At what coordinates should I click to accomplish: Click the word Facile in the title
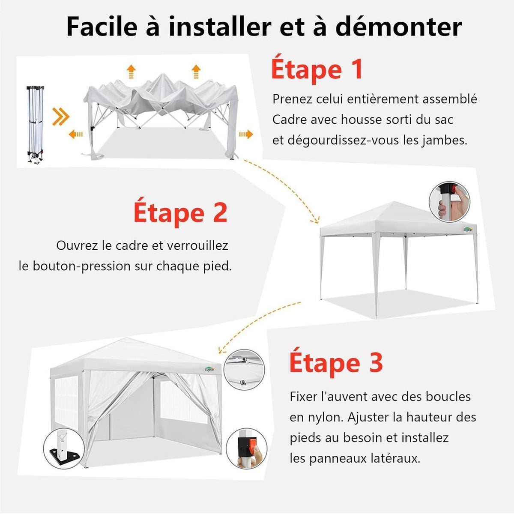tap(102, 27)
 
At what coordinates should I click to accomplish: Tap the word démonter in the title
tap(398, 27)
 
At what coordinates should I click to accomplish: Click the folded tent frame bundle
tap(36, 124)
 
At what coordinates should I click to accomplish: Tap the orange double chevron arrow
tap(61, 117)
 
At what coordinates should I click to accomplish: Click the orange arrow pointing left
tap(76, 134)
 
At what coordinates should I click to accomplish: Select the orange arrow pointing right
tap(246, 134)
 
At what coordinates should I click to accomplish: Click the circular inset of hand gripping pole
tap(449, 202)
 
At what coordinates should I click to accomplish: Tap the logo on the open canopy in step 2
tap(468, 229)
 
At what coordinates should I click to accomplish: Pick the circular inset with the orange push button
tap(246, 448)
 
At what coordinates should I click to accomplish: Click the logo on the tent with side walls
tap(209, 369)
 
